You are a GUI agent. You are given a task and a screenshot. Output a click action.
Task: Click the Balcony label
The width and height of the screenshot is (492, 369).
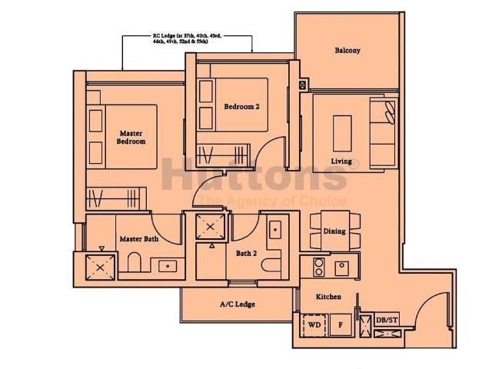pyautogui.click(x=347, y=51)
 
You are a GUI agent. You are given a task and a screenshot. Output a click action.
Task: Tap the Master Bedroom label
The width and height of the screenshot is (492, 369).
pyautogui.click(x=131, y=138)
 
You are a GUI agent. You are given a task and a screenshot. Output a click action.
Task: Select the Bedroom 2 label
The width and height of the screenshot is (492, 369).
pyautogui.click(x=241, y=107)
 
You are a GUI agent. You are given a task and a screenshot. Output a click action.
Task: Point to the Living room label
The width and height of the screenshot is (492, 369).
pyautogui.click(x=341, y=161)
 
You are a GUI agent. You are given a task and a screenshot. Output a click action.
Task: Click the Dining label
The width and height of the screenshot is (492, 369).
pyautogui.click(x=334, y=231)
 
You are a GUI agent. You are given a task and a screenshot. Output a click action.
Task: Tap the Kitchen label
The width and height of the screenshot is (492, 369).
pyautogui.click(x=328, y=297)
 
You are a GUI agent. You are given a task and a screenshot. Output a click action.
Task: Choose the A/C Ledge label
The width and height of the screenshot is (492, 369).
pyautogui.click(x=237, y=304)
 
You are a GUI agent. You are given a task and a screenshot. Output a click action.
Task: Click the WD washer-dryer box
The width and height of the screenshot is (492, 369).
pyautogui.click(x=314, y=324)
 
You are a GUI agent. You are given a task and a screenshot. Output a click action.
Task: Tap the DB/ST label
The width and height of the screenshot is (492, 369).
pyautogui.click(x=387, y=321)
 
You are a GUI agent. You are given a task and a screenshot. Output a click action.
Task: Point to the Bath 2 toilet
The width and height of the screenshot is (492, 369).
pyautogui.click(x=270, y=266)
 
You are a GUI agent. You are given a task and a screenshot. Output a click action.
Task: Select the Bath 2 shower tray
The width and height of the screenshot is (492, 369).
pyautogui.click(x=210, y=227)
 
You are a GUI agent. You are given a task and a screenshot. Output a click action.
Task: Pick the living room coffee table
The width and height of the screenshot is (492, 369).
pyautogui.click(x=343, y=131)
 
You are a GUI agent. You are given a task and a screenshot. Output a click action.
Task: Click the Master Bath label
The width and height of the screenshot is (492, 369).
pyautogui.click(x=138, y=239)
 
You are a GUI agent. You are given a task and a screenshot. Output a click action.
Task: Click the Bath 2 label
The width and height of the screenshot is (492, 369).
pyautogui.click(x=246, y=252)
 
